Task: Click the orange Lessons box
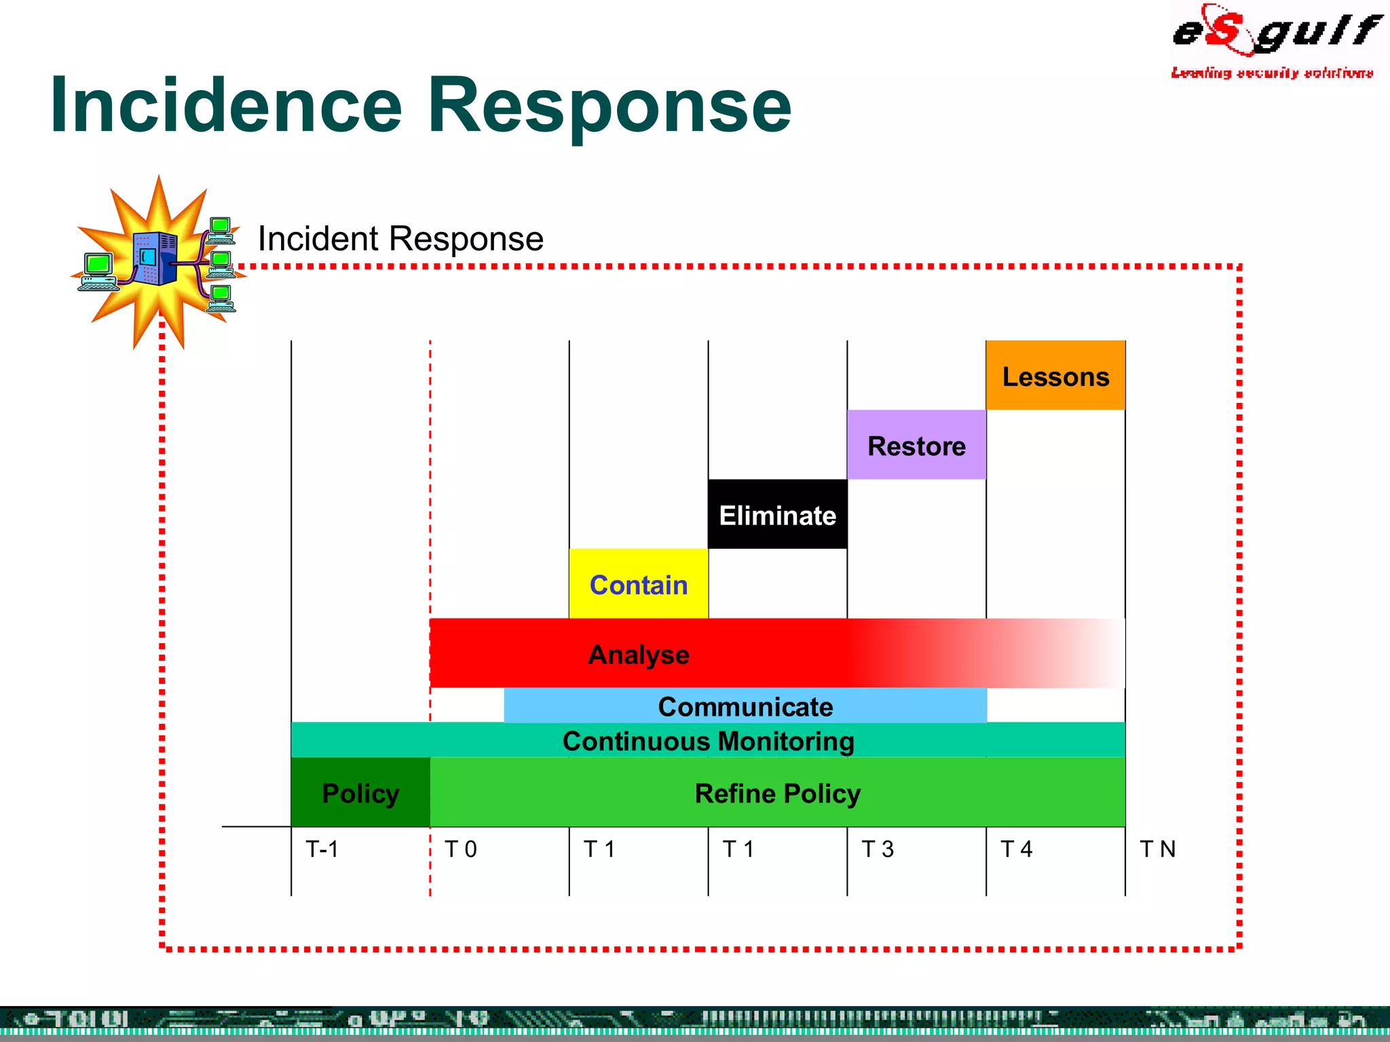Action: tap(1055, 376)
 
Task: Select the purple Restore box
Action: tap(916, 445)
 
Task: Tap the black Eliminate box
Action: tap(777, 515)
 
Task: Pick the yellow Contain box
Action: tap(638, 584)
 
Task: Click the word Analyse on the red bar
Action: tap(638, 655)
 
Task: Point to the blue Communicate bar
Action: tap(745, 706)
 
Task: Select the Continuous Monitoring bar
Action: tap(708, 741)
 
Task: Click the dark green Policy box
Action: tap(360, 793)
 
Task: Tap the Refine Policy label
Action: tap(777, 793)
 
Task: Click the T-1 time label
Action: tap(322, 849)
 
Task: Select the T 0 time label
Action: tap(460, 849)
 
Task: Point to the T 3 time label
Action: tap(877, 849)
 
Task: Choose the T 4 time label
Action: tap(1016, 849)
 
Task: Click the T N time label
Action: tap(1157, 849)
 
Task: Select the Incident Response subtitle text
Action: tap(400, 239)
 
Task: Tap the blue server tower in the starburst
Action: tap(155, 258)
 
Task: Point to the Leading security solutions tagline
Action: tap(1272, 73)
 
